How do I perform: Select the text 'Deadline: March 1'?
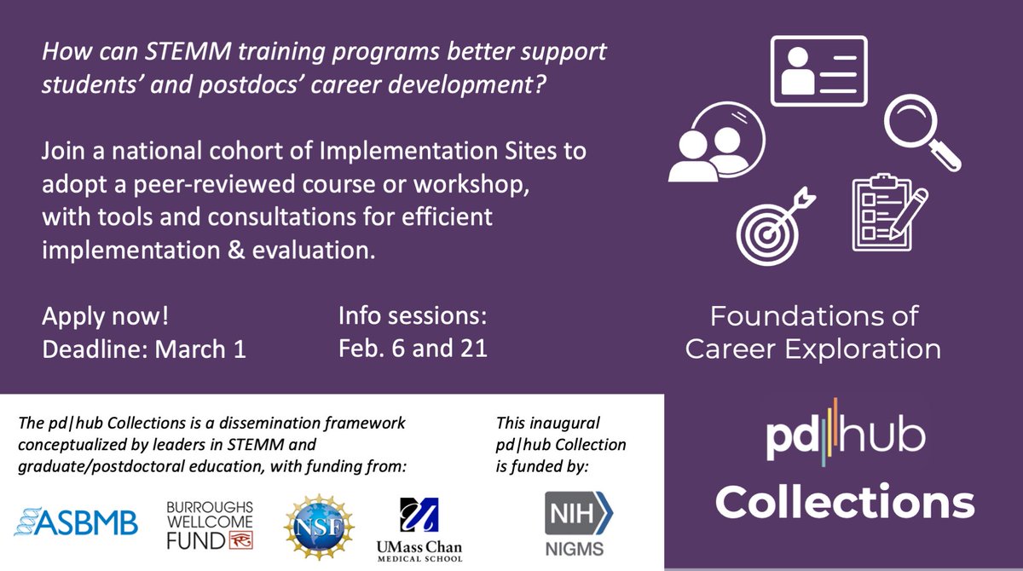pyautogui.click(x=144, y=349)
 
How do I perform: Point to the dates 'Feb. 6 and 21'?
pyautogui.click(x=413, y=349)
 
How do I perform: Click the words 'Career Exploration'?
pyautogui.click(x=813, y=349)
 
